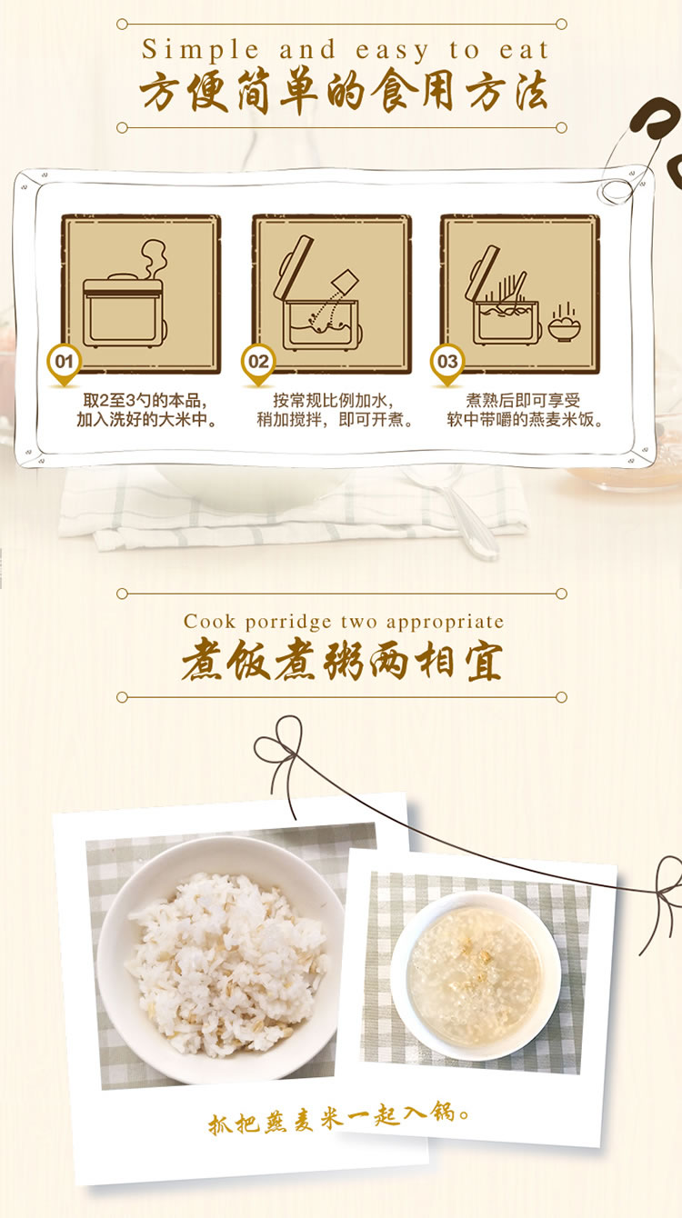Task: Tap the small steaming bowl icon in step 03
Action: point(564,323)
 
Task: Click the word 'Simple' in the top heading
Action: point(200,51)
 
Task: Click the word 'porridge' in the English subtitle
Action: point(288,622)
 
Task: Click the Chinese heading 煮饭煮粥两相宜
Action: point(342,661)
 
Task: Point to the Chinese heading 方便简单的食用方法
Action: point(343,91)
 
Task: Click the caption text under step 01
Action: point(145,410)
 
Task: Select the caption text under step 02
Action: point(335,410)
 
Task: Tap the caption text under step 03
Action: point(525,410)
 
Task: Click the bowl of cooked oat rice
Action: point(220,961)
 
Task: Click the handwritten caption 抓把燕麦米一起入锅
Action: point(338,1116)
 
